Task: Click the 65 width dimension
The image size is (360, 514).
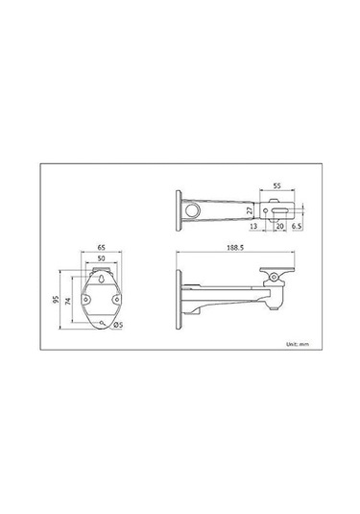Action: pos(101,247)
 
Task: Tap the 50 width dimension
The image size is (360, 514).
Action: pos(101,259)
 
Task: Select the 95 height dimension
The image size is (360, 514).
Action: pos(58,299)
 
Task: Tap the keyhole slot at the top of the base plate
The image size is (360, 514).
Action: pos(100,281)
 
